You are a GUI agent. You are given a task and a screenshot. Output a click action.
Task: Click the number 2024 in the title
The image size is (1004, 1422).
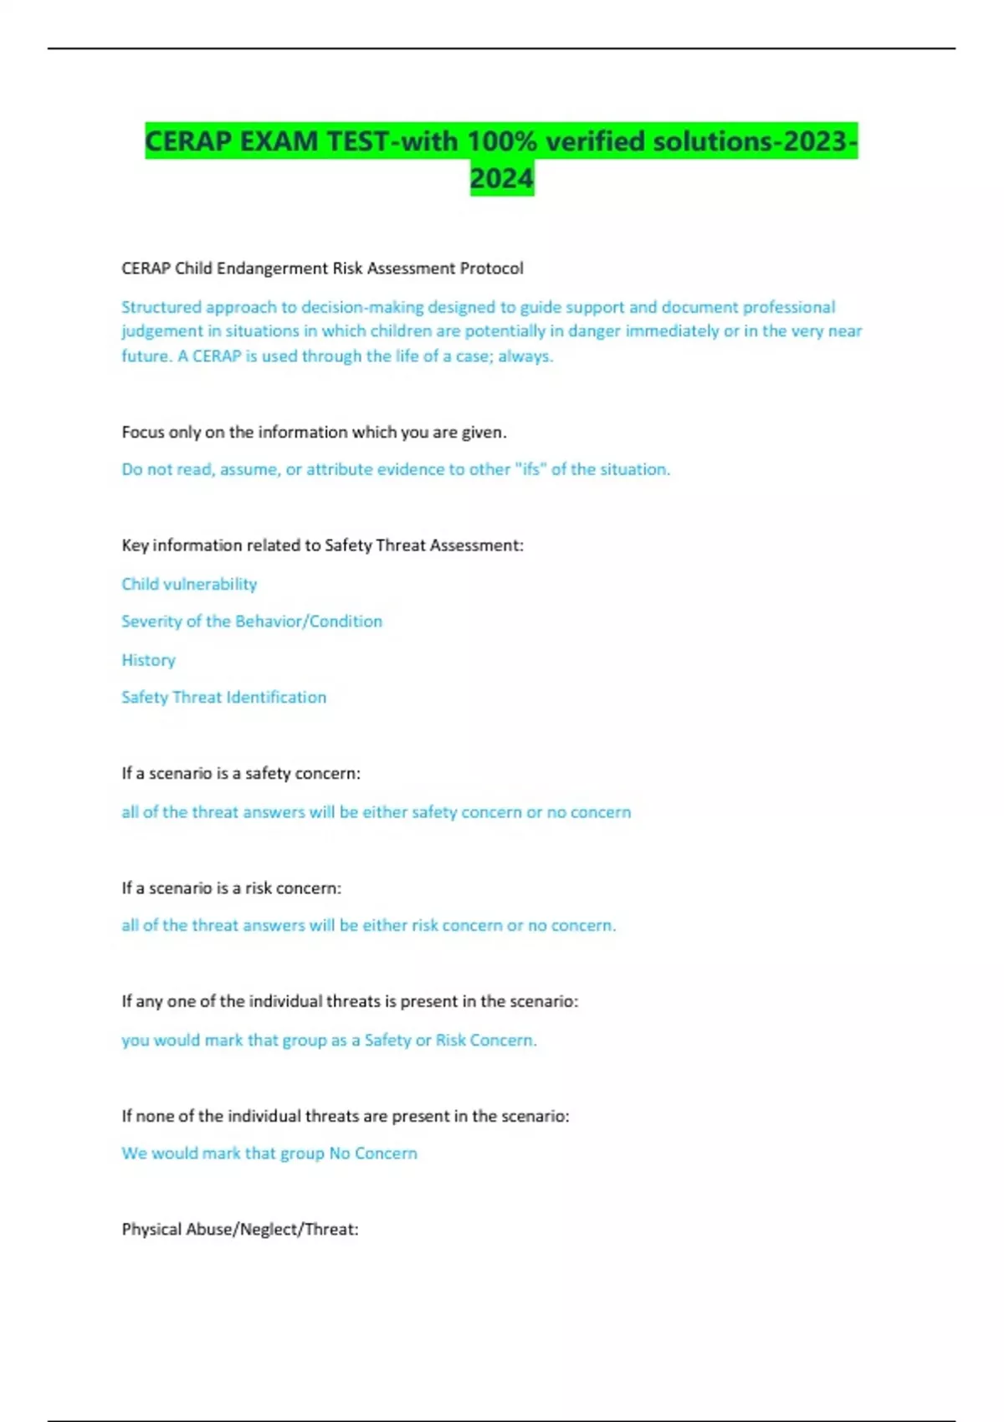click(501, 178)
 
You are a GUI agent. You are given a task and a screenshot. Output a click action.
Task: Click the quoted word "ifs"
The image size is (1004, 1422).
click(530, 469)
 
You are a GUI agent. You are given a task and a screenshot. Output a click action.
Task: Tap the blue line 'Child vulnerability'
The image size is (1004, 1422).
click(189, 584)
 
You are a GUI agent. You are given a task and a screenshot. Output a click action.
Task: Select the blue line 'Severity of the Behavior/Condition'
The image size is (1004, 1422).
click(252, 621)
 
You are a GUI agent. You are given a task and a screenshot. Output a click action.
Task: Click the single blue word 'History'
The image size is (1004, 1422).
click(148, 660)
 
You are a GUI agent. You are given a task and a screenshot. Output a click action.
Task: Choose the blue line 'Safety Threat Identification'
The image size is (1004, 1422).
click(223, 698)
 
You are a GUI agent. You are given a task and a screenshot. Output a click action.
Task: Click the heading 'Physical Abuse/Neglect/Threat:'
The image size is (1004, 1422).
click(240, 1230)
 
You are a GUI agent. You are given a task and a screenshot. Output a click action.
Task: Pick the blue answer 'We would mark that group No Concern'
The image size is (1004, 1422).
click(269, 1153)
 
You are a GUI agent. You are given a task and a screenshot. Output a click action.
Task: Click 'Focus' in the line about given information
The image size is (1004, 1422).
click(143, 432)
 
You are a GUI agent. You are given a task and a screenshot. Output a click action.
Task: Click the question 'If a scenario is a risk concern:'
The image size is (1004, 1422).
click(231, 888)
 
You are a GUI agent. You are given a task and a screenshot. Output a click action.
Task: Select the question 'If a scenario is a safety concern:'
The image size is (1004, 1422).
click(241, 774)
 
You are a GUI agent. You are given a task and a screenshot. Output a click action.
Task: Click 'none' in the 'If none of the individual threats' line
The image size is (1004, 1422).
click(157, 1116)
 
